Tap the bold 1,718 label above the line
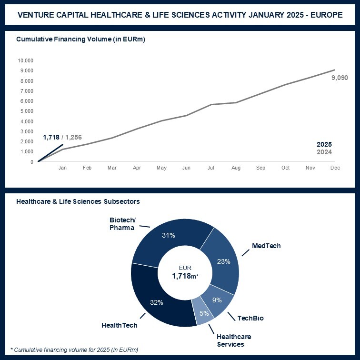click(x=51, y=138)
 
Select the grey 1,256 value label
click(x=73, y=138)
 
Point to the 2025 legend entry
click(x=324, y=144)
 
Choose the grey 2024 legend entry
click(x=324, y=152)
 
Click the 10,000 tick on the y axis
click(x=25, y=60)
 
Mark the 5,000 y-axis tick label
click(x=26, y=111)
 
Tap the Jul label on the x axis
click(x=210, y=168)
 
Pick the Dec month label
click(x=335, y=168)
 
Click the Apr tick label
click(x=137, y=168)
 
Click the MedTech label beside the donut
click(x=266, y=246)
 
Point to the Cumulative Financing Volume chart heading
click(x=80, y=40)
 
